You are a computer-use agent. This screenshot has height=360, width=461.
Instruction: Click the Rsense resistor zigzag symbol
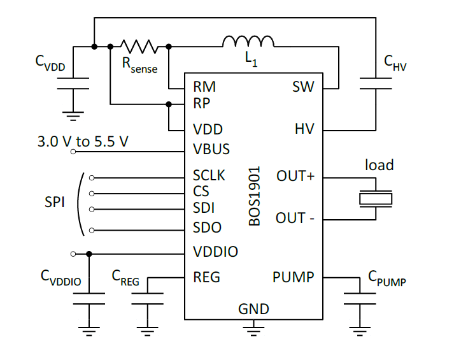(x=139, y=46)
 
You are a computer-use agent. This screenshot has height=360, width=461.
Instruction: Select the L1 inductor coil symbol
(x=248, y=41)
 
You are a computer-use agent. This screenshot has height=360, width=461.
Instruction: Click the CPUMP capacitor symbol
(x=360, y=298)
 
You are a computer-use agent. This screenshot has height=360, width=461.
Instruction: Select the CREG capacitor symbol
(x=147, y=298)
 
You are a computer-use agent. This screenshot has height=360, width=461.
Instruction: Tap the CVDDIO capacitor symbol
(x=89, y=298)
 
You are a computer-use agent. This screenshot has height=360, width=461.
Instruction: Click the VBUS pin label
(x=211, y=150)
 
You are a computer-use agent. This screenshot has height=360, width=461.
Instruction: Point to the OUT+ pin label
(x=295, y=176)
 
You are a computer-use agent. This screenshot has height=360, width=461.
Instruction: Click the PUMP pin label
(x=294, y=277)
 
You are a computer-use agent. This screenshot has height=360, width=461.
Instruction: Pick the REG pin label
(x=206, y=277)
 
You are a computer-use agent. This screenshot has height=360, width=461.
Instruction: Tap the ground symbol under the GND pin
(x=254, y=328)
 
